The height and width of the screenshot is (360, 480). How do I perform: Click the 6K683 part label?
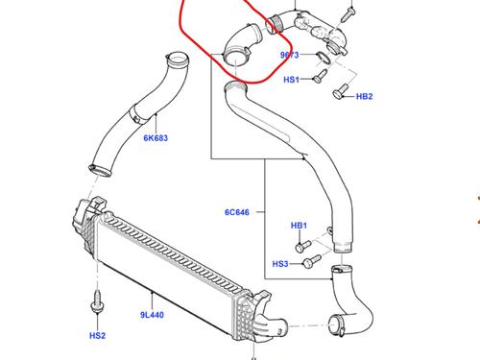point(156,138)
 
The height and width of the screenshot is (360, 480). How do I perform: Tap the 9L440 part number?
point(152,315)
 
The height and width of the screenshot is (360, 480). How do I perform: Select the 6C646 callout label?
point(237,212)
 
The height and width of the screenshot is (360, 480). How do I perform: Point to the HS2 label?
point(97,336)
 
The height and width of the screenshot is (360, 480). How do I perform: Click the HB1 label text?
point(299,226)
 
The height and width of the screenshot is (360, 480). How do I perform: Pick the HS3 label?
point(280,264)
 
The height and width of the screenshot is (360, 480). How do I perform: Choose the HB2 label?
point(365,96)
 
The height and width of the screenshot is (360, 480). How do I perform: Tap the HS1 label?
point(292,80)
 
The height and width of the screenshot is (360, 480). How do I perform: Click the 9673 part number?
point(290,55)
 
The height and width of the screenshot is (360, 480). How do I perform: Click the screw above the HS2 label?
point(97,301)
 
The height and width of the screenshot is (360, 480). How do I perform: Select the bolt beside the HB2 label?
point(340,90)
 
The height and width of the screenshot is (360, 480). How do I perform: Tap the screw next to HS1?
point(320,76)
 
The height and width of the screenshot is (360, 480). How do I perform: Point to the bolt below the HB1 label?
point(303,247)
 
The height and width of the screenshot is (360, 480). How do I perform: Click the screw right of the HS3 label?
point(312,261)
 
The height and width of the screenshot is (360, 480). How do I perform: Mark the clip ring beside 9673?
point(323,58)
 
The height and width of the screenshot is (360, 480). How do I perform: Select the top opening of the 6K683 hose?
point(177,60)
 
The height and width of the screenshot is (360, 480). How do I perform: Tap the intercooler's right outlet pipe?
point(276,324)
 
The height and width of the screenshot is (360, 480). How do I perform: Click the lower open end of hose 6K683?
point(100,170)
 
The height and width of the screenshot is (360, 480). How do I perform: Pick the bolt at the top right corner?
point(348,14)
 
